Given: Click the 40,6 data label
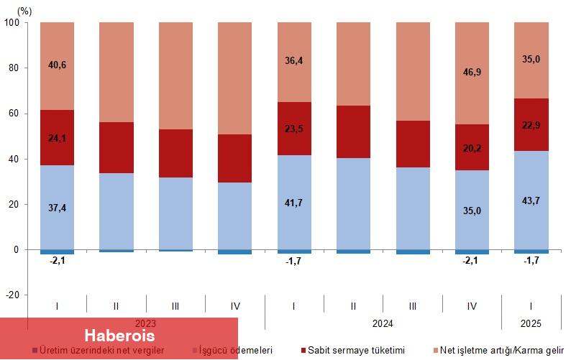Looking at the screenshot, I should coord(57,65).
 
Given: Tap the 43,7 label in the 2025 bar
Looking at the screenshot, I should coord(531,203).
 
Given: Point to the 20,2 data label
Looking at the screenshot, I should coord(472,149).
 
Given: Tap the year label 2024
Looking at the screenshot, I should coord(383,324).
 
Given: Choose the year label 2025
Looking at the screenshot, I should coord(531,324).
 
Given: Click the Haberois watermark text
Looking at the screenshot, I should coord(119,336).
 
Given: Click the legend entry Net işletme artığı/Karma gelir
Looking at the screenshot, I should coord(501,350).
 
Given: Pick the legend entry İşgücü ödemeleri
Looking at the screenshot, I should coord(236,350).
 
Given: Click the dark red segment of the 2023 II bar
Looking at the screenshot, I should coord(116,147).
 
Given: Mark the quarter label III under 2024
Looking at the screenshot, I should coord(413,306).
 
